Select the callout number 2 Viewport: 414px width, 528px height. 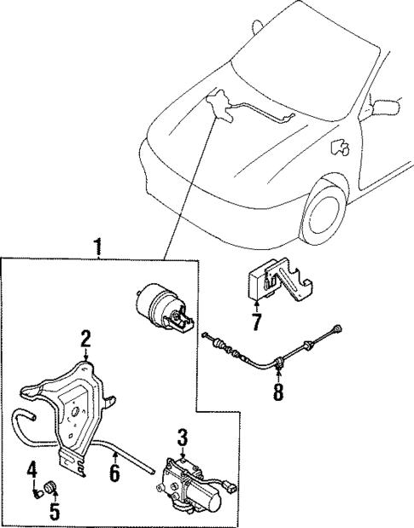click(x=85, y=339)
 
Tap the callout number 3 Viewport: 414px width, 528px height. click(x=181, y=438)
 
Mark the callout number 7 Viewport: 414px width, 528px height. click(x=255, y=322)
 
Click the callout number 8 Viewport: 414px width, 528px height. click(x=277, y=394)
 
